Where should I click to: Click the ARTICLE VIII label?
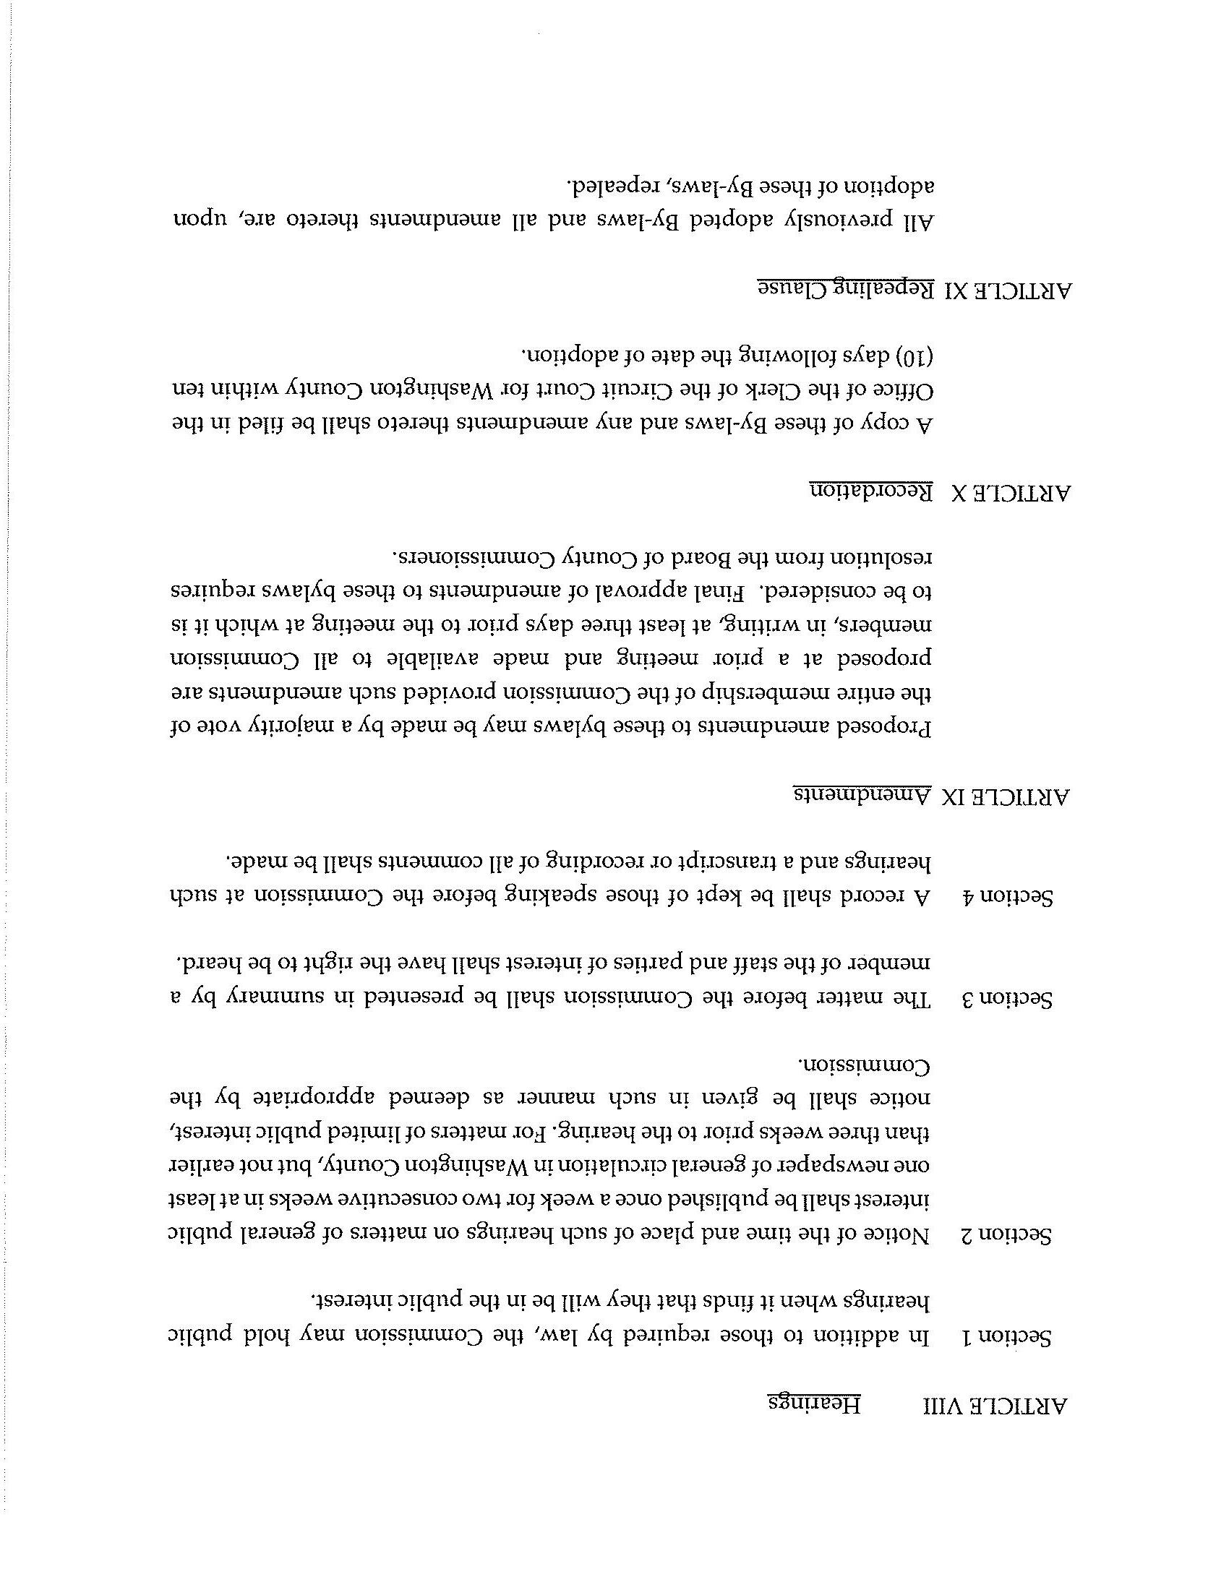997,1405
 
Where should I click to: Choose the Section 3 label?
1008,1000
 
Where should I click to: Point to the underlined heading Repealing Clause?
844,289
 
